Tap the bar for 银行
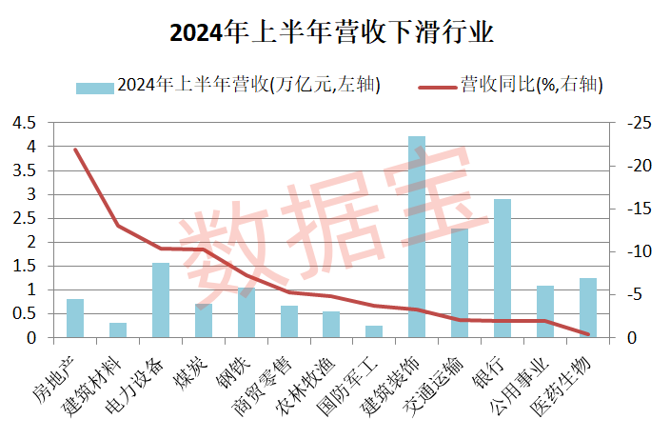pos(502,268)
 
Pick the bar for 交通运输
pos(460,283)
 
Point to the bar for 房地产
pos(75,318)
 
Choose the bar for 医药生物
pos(588,308)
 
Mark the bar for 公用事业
pos(545,311)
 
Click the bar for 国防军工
pos(374,331)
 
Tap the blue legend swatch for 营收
pos(95,87)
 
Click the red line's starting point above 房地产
pos(75,150)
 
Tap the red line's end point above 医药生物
pos(588,334)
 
